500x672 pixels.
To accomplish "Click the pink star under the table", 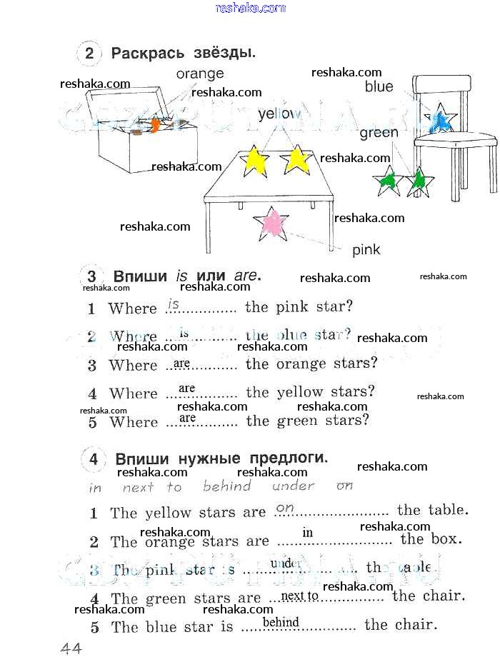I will tap(271, 224).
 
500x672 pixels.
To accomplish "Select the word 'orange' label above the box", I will tap(200, 74).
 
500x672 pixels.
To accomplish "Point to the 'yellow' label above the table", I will tap(280, 114).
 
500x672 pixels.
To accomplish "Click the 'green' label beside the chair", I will tap(379, 133).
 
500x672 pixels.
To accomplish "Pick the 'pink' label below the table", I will tap(366, 250).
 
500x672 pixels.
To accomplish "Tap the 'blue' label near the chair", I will tap(379, 87).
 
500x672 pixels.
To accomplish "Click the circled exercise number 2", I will tap(89, 54).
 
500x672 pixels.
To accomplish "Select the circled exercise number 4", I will tap(93, 459).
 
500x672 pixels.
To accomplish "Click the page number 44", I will tap(71, 648).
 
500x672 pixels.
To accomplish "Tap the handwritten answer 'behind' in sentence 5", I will tap(281, 622).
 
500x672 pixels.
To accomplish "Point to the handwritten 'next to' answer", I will tap(300, 596).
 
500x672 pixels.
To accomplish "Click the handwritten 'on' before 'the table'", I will tap(285, 508).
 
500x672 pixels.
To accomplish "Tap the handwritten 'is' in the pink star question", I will tap(173, 304).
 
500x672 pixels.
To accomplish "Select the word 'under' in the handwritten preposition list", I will tap(293, 486).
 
